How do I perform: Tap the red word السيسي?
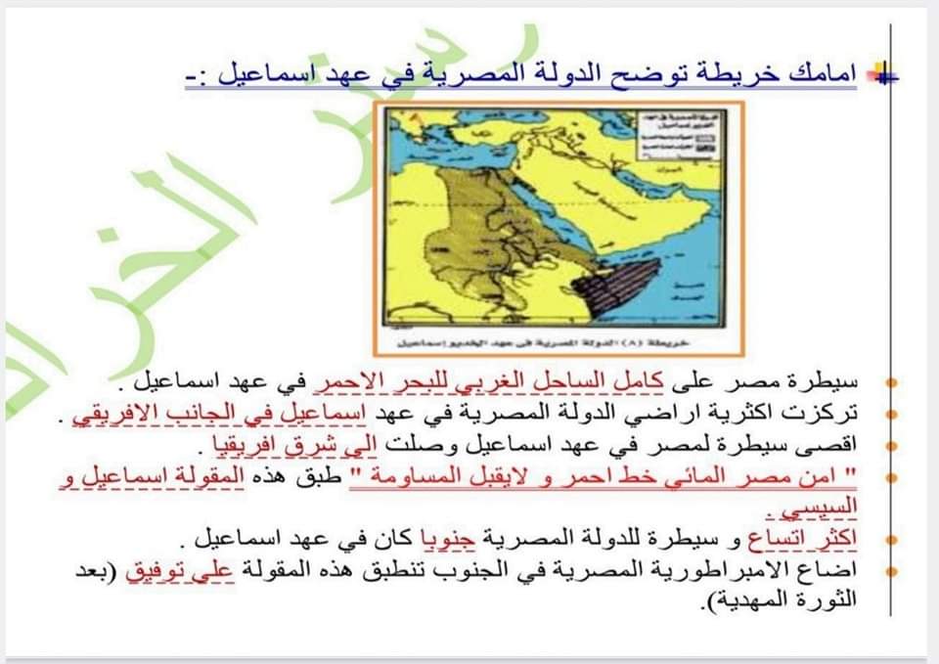(x=830, y=509)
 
